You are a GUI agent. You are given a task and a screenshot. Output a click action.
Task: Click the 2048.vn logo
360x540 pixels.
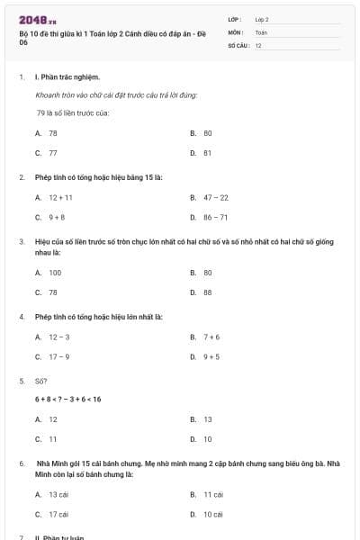38,19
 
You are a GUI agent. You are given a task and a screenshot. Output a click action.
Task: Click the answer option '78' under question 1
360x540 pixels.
53,132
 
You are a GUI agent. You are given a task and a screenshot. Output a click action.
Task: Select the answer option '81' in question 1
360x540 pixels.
207,153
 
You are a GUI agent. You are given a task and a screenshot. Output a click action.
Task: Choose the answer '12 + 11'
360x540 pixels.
60,197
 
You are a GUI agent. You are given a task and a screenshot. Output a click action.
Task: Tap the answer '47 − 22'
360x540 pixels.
216,197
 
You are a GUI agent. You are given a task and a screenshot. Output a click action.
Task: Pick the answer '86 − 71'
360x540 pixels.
216,217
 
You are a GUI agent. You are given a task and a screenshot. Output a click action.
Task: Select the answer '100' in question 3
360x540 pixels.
55,272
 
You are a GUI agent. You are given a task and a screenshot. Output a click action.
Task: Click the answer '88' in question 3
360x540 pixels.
207,292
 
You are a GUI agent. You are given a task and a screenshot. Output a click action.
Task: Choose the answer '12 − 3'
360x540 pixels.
58,337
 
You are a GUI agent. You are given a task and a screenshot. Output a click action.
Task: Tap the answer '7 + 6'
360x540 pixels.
211,337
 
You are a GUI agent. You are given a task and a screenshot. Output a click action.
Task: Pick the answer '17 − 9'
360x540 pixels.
58,356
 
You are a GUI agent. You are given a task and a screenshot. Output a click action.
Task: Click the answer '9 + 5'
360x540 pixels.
211,356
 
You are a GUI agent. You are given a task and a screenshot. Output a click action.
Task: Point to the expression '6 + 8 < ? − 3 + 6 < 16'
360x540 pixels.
68,399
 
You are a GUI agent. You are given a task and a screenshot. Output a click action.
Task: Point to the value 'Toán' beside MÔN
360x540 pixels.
261,31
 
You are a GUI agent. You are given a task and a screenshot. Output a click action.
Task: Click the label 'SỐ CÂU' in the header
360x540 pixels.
238,45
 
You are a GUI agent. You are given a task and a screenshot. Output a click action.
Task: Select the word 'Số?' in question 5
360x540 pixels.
40,381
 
